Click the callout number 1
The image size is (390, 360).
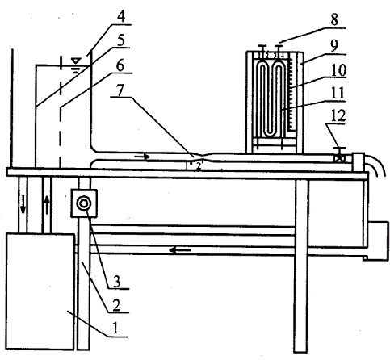pos(115,328)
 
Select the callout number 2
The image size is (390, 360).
pos(115,304)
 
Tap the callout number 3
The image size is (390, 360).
pos(116,281)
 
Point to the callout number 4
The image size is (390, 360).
pos(121,16)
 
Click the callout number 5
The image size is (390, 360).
pos(120,40)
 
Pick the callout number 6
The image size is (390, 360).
pos(120,65)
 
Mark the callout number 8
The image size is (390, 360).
pos(334,19)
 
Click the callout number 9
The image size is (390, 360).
pos(334,45)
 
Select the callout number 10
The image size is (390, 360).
pos(338,70)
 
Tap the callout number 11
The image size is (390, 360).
pos(338,93)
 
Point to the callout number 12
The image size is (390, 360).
pos(338,115)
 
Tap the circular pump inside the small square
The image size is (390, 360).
pos(83,203)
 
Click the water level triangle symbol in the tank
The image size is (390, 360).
pos(76,61)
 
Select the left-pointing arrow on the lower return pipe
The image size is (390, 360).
pos(180,251)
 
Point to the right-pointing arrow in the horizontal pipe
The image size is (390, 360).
pos(141,157)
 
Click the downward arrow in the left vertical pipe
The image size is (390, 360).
pos(23,204)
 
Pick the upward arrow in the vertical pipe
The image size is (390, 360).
pos(47,205)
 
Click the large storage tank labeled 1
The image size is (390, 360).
pos(40,291)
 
